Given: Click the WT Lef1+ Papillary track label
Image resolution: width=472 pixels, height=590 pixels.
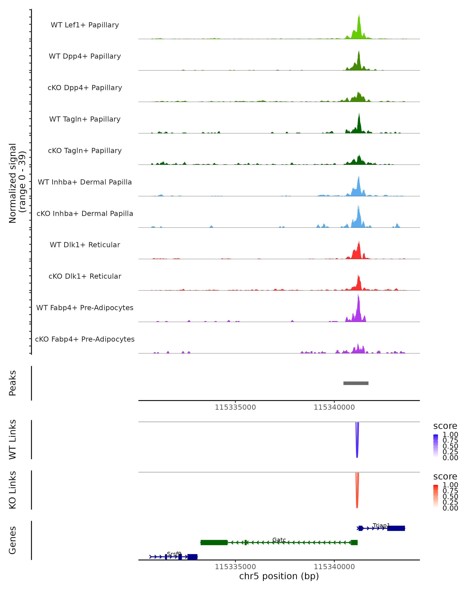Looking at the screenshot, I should tap(85, 25).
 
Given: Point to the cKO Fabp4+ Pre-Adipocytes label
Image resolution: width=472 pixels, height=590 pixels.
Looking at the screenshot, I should tap(85, 339).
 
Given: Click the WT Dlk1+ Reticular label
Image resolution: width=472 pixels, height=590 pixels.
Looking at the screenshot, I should tap(85, 245).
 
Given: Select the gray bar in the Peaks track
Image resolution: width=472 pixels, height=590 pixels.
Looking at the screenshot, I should tap(356, 383).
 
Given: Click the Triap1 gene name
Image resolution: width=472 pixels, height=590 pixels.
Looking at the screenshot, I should tap(381, 525).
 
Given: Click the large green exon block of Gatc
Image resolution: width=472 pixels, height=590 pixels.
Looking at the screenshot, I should tap(214, 543).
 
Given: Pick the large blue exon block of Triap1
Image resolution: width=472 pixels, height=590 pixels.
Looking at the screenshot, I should tap(396, 528).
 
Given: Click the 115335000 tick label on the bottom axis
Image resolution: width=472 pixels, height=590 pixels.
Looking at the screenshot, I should tap(235, 567).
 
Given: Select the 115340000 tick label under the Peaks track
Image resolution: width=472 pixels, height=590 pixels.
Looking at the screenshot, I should tap(334, 407).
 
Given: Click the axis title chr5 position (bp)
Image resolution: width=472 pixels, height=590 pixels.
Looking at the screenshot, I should tap(279, 576).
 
